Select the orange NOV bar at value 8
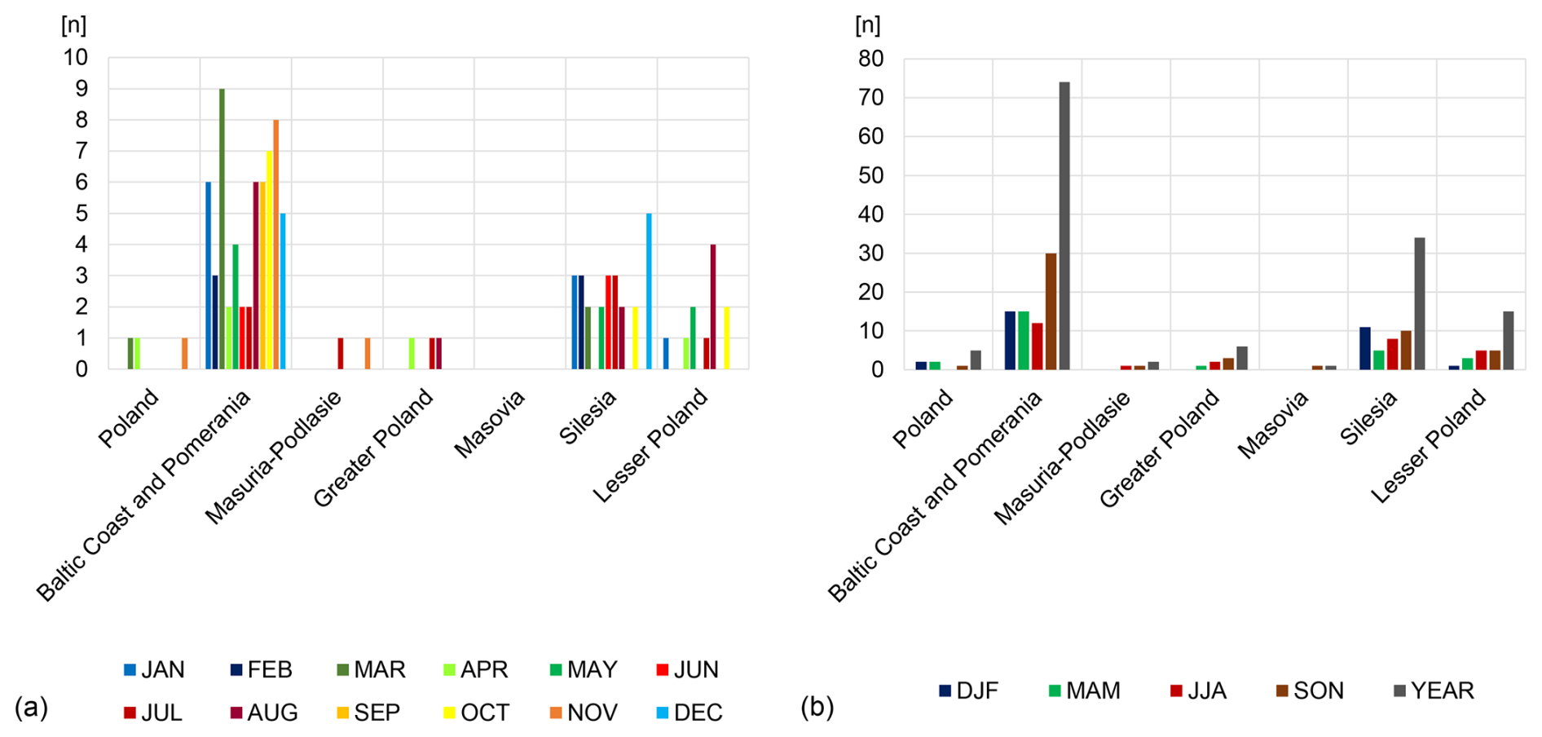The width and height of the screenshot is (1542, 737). point(276,245)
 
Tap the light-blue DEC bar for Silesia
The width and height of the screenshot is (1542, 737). point(649,291)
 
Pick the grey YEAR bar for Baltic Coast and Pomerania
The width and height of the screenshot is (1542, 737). point(1064,226)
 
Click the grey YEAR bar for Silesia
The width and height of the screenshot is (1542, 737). point(1420,303)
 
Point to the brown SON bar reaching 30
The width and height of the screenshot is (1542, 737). point(1051,311)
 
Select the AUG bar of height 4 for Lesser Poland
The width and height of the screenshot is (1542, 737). point(713,307)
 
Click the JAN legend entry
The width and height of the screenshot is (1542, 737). point(154,670)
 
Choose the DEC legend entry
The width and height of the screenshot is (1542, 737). point(689,713)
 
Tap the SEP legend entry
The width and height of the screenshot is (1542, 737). point(368,713)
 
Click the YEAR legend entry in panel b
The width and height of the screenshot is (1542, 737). point(1434,691)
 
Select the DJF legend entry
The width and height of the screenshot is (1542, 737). point(968,691)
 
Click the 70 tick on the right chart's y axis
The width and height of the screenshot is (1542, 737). point(870,98)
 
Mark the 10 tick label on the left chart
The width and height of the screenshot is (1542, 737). point(76,57)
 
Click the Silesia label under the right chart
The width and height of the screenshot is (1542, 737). point(1369,417)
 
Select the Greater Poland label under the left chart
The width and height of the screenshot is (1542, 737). point(373,448)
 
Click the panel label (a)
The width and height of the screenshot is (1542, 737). point(31,708)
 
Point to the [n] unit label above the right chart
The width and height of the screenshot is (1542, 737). point(868,24)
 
